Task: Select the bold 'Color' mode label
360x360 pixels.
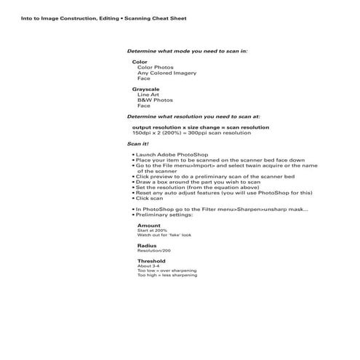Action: coord(140,62)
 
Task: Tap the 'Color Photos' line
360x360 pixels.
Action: coord(155,68)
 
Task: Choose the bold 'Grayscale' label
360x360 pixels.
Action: coord(145,89)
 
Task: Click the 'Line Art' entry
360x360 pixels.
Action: coord(149,95)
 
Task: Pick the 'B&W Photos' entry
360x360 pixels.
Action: coord(155,100)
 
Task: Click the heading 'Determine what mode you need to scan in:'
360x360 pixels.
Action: coord(187,51)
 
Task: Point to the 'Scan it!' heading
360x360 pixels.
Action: coord(138,144)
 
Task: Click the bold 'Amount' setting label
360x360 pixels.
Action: coord(148,225)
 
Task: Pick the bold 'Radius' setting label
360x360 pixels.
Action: coord(147,246)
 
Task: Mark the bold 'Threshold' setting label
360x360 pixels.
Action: coord(151,261)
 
